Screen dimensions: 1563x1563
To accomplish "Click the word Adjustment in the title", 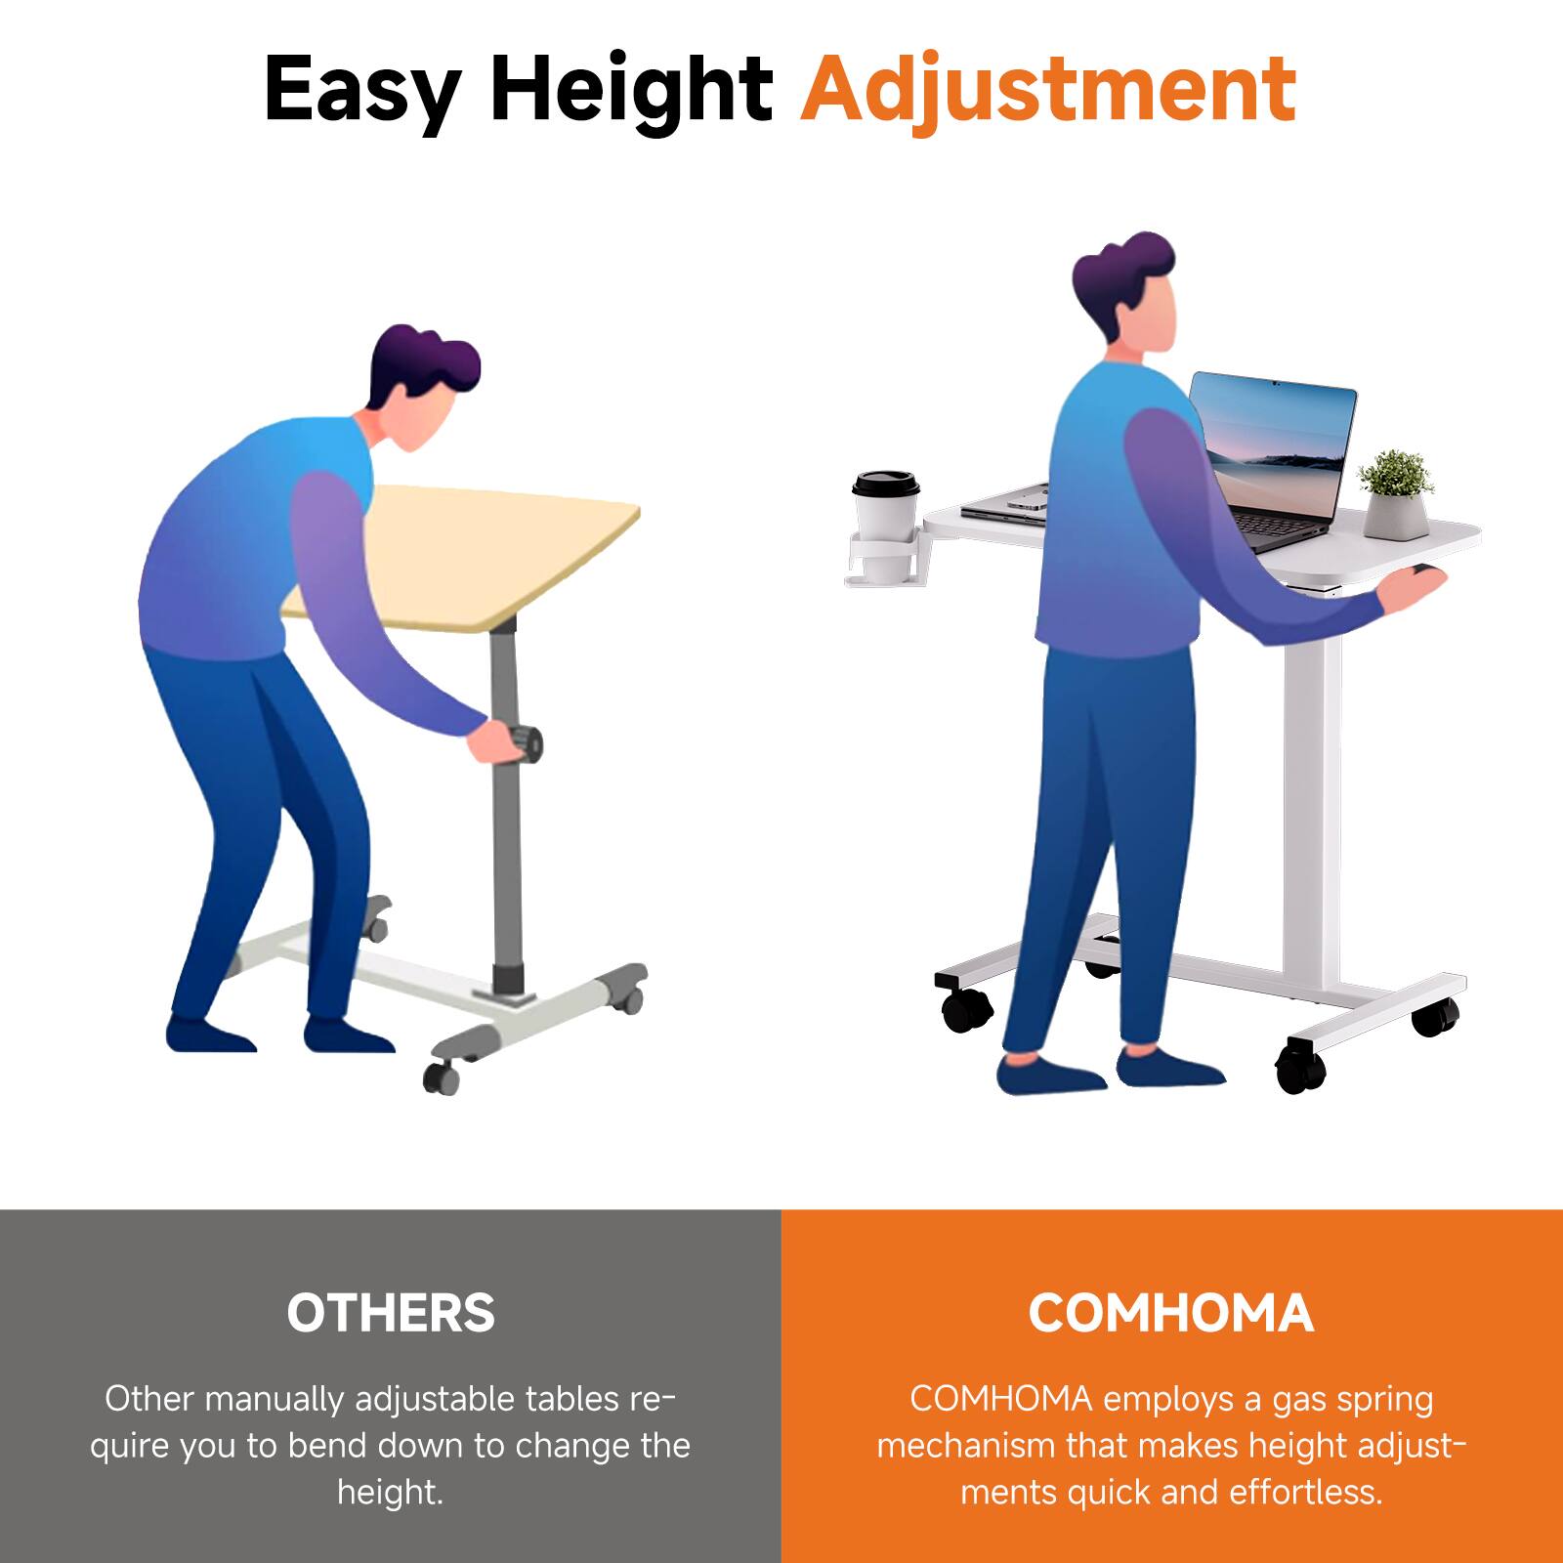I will pyautogui.click(x=1048, y=90).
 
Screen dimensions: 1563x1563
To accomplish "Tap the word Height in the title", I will pyautogui.click(x=631, y=90).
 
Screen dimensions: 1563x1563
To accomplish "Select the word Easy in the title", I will pyautogui.click(x=361, y=90).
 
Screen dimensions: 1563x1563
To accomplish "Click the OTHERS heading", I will pyautogui.click(x=391, y=1313).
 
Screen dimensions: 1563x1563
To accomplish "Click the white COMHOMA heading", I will pyautogui.click(x=1170, y=1313).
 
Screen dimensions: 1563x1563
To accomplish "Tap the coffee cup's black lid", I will pyautogui.click(x=885, y=483).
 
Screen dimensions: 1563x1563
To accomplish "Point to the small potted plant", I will pyautogui.click(x=1395, y=493).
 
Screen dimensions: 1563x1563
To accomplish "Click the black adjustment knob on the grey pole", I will pyautogui.click(x=528, y=744).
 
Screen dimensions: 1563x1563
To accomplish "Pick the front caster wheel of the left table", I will pyautogui.click(x=442, y=1077).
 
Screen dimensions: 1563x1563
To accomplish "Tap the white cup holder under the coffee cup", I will pyautogui.click(x=884, y=562).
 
